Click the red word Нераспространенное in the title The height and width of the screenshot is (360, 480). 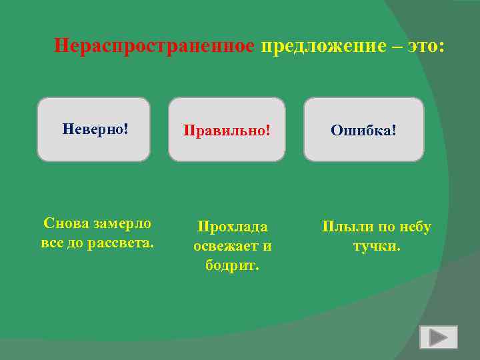(x=154, y=46)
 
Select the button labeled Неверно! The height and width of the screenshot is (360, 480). (x=94, y=129)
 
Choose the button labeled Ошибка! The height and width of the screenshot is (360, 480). (x=363, y=129)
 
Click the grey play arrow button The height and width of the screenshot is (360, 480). (x=438, y=337)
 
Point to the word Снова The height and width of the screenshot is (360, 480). (x=67, y=223)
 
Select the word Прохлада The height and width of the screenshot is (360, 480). (x=232, y=227)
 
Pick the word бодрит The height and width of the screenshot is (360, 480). (x=232, y=265)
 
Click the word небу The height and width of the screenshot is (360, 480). (x=414, y=227)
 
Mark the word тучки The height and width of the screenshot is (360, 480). (x=377, y=246)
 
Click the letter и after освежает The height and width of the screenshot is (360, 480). (x=267, y=246)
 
